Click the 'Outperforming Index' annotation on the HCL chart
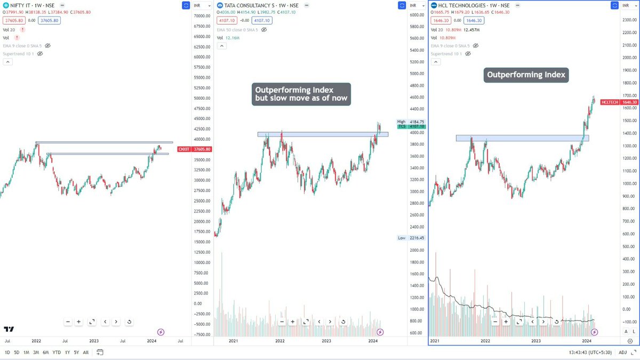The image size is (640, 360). pos(526,75)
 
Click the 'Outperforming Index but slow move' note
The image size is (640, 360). pos(301,94)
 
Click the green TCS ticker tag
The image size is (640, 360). pos(402,126)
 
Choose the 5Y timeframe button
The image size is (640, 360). pos(76,353)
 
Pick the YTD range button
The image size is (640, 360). pos(57,353)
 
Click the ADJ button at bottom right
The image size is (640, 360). pos(622,353)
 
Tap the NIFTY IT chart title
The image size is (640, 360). pos(29,5)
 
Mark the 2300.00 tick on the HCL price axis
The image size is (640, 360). pos(629,19)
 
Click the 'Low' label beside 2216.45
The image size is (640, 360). pos(402,238)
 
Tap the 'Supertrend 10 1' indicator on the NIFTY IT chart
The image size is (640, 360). pos(20,54)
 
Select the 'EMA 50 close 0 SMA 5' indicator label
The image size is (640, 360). pos(237,30)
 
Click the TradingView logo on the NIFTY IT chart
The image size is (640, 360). pos(9,330)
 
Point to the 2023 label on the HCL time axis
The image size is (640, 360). pos(535,340)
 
